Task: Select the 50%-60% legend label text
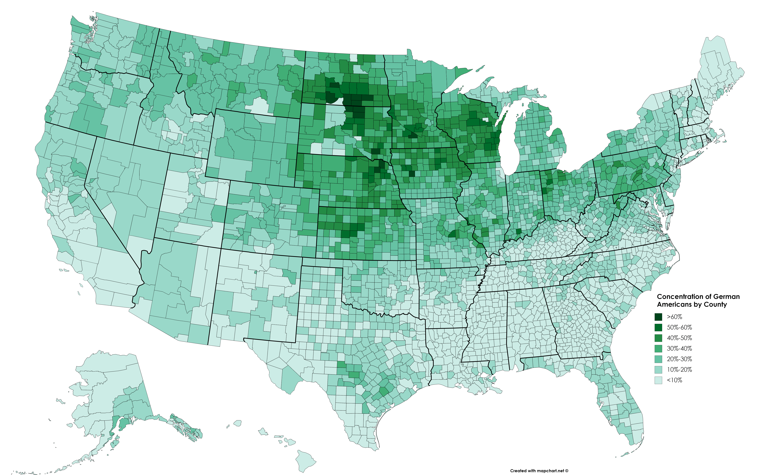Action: [x=679, y=327]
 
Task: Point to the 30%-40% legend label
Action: [x=679, y=348]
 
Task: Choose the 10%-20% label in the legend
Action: [x=679, y=369]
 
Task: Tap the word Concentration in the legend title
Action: [x=680, y=297]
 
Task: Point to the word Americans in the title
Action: [x=672, y=304]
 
